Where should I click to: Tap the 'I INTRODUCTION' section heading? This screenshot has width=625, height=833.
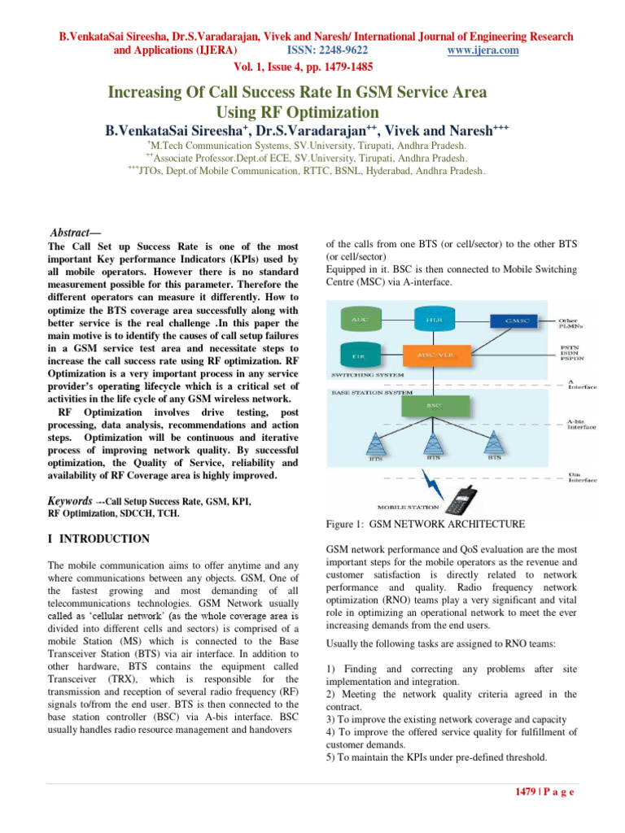click(x=98, y=539)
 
